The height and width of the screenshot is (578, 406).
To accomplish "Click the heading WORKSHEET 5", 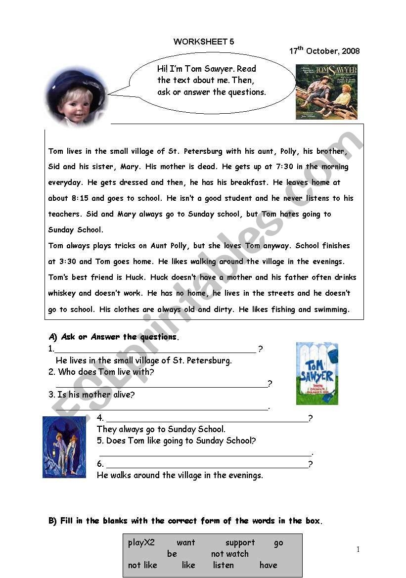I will pyautogui.click(x=204, y=42).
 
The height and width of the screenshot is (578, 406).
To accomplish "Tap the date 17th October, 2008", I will pyautogui.click(x=324, y=51).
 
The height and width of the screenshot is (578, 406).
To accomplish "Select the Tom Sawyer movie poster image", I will pyautogui.click(x=326, y=92).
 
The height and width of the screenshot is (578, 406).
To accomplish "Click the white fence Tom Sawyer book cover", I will pyautogui.click(x=317, y=373).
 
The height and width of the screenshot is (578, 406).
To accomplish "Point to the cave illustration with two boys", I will pyautogui.click(x=64, y=447).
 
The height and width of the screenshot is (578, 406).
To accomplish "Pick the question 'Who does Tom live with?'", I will pyautogui.click(x=106, y=372).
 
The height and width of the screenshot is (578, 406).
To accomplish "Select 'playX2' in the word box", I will pyautogui.click(x=141, y=542).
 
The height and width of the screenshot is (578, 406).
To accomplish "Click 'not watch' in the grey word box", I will pyautogui.click(x=230, y=554).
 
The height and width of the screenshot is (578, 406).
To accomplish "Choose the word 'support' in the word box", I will pyautogui.click(x=240, y=542).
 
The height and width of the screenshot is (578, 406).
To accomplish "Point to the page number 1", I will pyautogui.click(x=358, y=549).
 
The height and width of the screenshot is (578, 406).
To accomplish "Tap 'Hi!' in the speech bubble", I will pyautogui.click(x=163, y=69).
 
